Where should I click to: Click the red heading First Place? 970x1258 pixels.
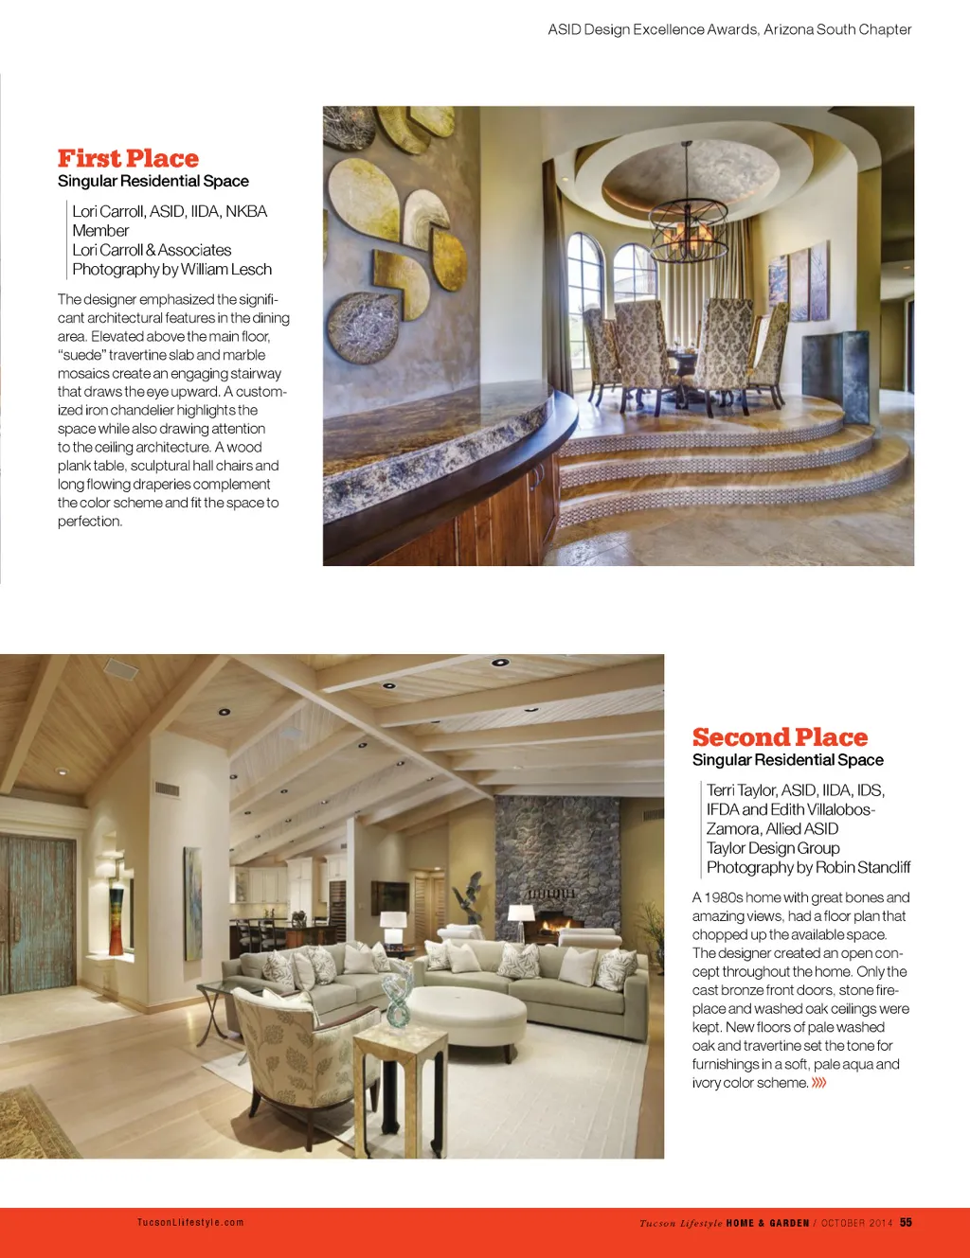pyautogui.click(x=128, y=158)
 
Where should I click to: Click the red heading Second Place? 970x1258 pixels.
pyautogui.click(x=780, y=737)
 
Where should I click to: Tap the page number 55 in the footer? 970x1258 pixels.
pyautogui.click(x=906, y=1222)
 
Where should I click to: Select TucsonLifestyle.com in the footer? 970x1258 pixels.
pyautogui.click(x=190, y=1222)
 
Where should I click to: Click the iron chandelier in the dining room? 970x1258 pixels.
pyautogui.click(x=688, y=227)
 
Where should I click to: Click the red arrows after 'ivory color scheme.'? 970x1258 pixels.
pyautogui.click(x=819, y=1083)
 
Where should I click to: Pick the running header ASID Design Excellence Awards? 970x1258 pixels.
pyautogui.click(x=729, y=29)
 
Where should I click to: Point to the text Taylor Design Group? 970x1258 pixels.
pyautogui.click(x=773, y=848)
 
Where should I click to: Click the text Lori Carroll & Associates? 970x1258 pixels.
pyautogui.click(x=152, y=250)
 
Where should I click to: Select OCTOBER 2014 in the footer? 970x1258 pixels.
pyautogui.click(x=856, y=1223)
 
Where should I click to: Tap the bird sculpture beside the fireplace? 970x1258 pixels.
pyautogui.click(x=471, y=895)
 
